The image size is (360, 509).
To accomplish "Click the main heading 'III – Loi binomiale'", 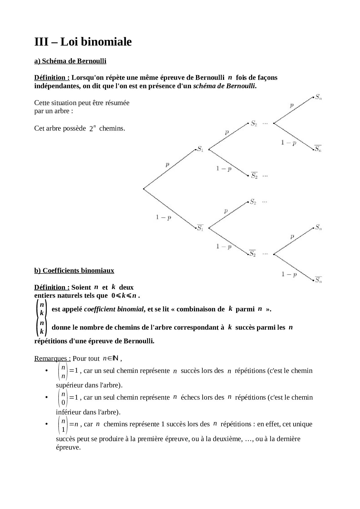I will coord(83,42).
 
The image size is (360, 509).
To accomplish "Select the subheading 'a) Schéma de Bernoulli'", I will coord(70,61).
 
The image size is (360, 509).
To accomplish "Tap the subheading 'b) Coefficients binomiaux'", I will coord(74,271).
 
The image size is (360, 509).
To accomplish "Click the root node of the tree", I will coord(144,189).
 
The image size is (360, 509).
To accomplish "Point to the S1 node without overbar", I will coord(200,149).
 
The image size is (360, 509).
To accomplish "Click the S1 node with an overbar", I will coord(200,228).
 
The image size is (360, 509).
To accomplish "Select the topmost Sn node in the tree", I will coord(318,97).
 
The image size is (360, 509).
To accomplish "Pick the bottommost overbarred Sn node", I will coord(318,280).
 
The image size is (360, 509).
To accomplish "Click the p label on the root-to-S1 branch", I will coord(168,165).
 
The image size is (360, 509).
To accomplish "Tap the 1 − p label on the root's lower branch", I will coord(163,217).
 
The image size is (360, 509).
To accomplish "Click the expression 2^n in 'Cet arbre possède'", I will coord(92,129).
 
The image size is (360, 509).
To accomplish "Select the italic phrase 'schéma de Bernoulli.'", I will coord(225,86).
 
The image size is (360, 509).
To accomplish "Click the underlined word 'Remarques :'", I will coord(53,358).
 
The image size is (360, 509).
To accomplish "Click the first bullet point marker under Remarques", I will coord(46,371).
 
